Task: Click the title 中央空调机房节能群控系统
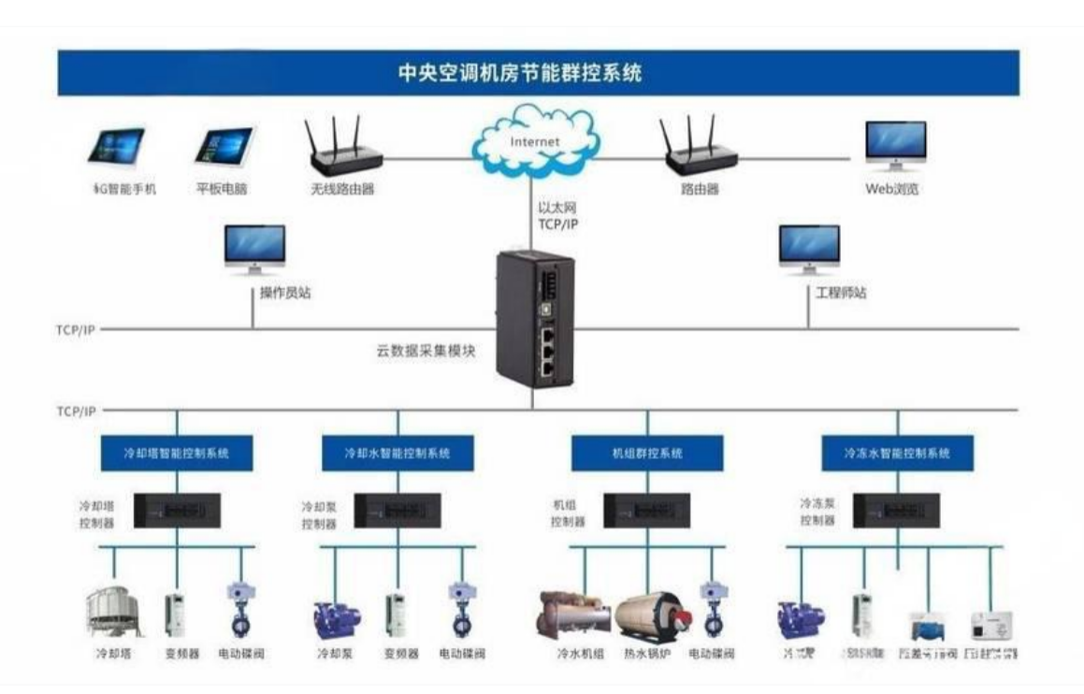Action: pos(539,73)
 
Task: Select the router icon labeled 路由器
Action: pos(699,150)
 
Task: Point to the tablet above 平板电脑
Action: pos(224,147)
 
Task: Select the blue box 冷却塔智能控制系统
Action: pos(177,454)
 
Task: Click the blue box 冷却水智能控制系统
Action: pos(397,454)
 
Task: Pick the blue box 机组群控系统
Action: pos(646,454)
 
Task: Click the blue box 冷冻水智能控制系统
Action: pos(897,454)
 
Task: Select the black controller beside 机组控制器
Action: pos(646,511)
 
